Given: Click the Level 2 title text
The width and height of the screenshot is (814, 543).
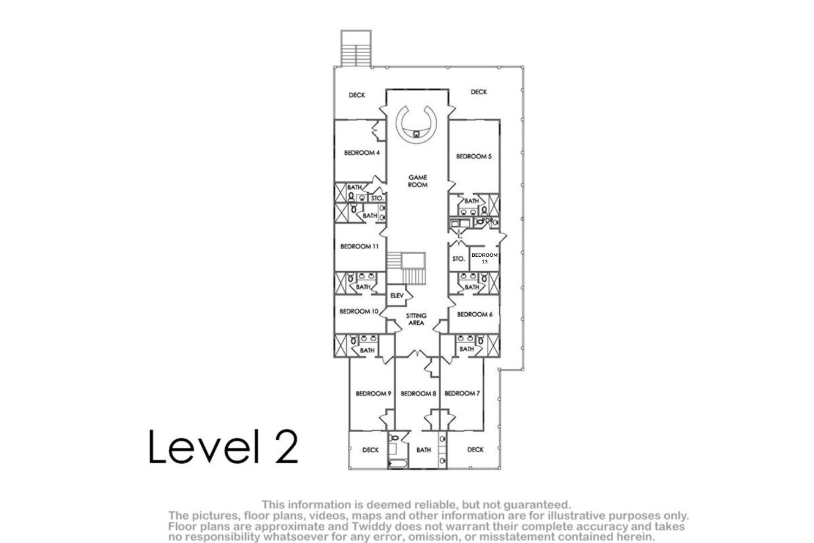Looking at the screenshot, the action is click(223, 446).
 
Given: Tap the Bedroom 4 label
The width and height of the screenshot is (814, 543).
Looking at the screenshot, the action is click(361, 153).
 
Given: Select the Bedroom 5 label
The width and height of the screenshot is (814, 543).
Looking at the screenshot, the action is click(474, 156).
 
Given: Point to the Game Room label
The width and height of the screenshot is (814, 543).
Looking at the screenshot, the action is click(417, 181).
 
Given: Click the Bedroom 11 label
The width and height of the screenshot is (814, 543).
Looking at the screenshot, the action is click(359, 247).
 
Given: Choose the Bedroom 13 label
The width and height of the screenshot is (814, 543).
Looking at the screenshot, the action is click(485, 258).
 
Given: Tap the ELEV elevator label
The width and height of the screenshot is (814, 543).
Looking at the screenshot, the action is click(397, 296).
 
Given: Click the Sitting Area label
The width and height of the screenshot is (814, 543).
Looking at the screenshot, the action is click(416, 319).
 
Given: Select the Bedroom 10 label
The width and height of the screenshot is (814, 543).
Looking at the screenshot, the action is click(359, 312).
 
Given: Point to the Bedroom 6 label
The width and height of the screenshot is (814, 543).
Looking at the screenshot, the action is click(475, 314).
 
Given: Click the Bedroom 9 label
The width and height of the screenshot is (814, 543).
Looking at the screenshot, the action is click(373, 394).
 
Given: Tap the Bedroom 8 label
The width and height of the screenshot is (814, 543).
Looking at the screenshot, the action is click(418, 394).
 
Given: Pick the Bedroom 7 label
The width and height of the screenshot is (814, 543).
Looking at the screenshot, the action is click(462, 394).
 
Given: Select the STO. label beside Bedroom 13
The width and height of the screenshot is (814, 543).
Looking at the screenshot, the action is click(458, 259).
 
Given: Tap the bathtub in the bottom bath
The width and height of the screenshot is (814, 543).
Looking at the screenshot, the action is click(398, 464).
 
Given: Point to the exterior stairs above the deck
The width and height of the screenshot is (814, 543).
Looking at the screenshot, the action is click(356, 48).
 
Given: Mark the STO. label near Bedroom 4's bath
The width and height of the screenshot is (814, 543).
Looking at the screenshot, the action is click(377, 199).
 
